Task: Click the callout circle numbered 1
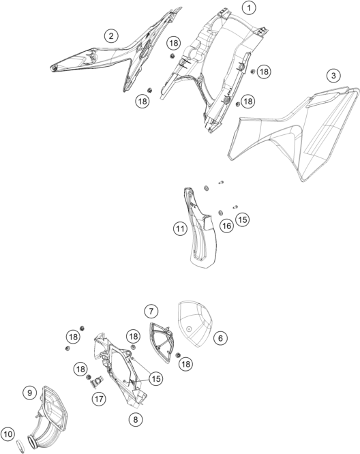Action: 249,7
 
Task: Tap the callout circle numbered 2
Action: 111,36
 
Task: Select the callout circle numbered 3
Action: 333,76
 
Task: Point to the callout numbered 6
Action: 221,338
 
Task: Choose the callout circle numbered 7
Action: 151,312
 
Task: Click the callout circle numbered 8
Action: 136,419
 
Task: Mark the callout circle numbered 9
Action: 29,393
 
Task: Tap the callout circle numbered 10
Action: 8,434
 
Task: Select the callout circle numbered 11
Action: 180,229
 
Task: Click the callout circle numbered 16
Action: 227,226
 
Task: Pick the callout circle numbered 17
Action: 99,399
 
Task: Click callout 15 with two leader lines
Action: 156,378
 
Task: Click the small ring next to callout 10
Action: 20,446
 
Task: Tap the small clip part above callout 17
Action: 97,383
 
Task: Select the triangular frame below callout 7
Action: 161,342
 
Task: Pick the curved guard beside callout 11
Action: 200,229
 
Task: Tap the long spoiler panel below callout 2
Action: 116,55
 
